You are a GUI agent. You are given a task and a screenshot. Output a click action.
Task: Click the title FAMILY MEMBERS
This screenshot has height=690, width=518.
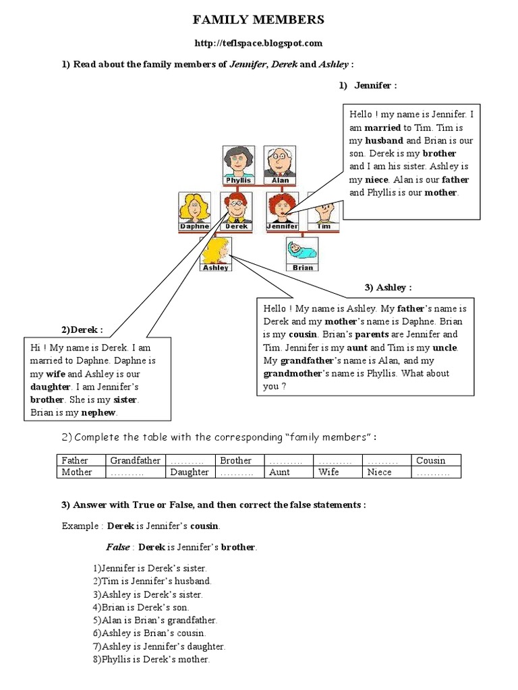pyautogui.click(x=259, y=20)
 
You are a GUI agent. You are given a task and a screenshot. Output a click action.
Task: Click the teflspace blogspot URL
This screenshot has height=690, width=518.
pyautogui.click(x=259, y=43)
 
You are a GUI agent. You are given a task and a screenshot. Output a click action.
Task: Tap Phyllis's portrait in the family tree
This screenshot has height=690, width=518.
pyautogui.click(x=237, y=162)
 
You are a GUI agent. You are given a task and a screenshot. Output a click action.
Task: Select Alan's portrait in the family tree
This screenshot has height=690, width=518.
pyautogui.click(x=279, y=162)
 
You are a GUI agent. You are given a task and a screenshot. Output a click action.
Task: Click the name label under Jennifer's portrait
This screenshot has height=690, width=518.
pyautogui.click(x=282, y=227)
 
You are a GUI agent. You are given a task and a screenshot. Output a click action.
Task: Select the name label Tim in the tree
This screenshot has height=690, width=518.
pyautogui.click(x=324, y=227)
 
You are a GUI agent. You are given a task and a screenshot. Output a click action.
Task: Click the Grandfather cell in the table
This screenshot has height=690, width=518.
pyautogui.click(x=136, y=461)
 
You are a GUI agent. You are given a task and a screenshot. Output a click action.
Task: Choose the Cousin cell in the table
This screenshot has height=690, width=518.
pyautogui.click(x=430, y=461)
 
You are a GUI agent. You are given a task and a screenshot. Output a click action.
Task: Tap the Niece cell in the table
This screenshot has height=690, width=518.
pyautogui.click(x=379, y=472)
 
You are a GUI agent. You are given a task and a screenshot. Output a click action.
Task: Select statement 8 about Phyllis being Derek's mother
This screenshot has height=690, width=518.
pyautogui.click(x=152, y=660)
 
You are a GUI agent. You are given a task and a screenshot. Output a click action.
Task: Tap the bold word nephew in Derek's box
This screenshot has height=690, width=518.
pyautogui.click(x=98, y=412)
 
